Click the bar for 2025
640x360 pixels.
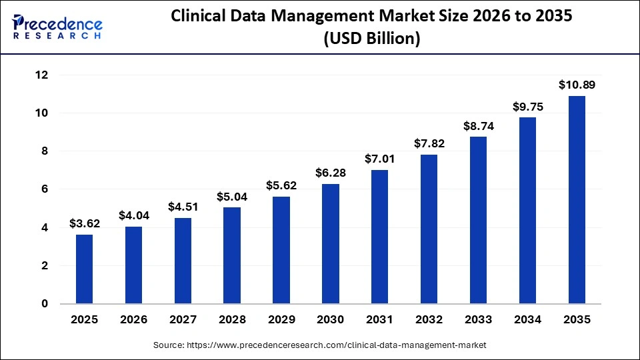85,269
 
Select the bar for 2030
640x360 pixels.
330,243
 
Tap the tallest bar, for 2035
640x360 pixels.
577,199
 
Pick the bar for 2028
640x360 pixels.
232,255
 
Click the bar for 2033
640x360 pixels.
478,220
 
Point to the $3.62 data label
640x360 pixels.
85,223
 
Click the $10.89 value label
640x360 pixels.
577,85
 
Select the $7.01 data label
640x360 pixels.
379,159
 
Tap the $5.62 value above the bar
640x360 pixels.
281,185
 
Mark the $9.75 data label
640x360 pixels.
527,106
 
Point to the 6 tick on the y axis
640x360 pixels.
45,189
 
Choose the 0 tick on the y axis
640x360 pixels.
45,304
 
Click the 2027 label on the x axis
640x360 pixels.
183,320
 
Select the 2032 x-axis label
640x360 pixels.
429,320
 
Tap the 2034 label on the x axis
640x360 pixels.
527,320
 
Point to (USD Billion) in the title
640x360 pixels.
371,39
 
